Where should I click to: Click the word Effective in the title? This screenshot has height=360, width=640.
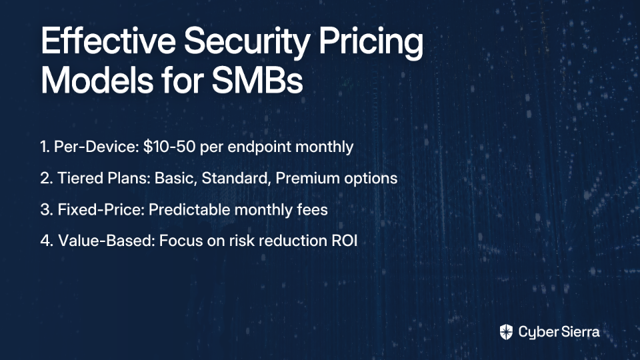coord(108,41)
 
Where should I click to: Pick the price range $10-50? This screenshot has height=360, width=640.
coord(169,147)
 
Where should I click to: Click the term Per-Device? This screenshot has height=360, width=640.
coord(96,147)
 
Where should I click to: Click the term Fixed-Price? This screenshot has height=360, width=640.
coord(101,210)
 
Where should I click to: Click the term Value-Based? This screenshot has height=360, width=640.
coord(107,241)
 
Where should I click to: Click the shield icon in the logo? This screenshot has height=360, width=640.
coord(506,332)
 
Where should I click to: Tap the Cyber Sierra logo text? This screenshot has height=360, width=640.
coord(559,332)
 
